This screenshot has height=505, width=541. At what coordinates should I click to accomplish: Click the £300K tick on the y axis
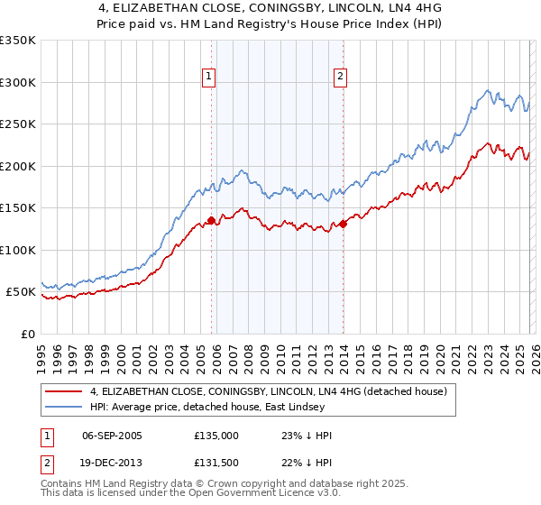(x=18, y=82)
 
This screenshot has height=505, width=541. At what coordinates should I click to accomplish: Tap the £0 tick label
(x=26, y=334)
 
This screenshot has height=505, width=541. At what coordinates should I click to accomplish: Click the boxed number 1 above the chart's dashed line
(x=208, y=78)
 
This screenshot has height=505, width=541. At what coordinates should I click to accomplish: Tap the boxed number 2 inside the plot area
(x=341, y=78)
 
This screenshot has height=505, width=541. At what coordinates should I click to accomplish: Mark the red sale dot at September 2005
(x=211, y=220)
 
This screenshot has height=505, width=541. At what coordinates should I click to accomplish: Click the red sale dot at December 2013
(x=344, y=224)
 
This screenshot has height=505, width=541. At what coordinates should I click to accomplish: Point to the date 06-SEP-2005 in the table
(x=112, y=436)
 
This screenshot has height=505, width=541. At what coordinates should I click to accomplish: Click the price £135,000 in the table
(x=216, y=436)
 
